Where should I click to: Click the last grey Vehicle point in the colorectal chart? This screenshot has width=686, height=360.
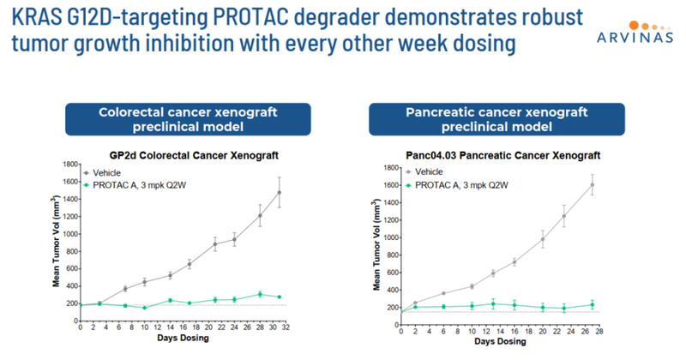click(x=280, y=193)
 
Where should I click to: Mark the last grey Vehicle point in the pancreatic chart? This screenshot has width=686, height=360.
click(x=592, y=185)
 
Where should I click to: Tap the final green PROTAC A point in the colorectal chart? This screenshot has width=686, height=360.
click(x=280, y=297)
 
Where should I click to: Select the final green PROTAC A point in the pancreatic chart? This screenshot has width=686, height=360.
click(x=592, y=304)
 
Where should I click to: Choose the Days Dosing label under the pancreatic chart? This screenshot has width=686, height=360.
click(x=502, y=341)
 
